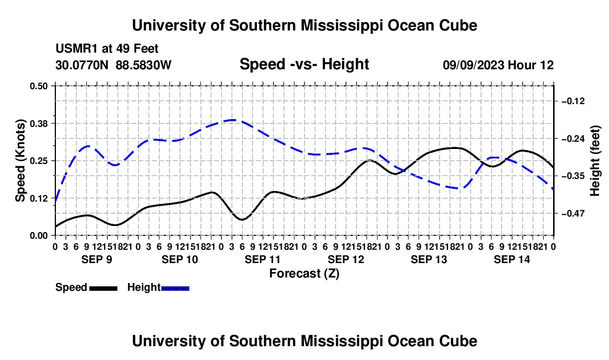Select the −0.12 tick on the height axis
point(573,101)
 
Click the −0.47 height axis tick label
point(573,214)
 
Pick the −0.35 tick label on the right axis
point(573,176)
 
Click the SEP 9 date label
point(97,259)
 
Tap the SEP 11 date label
point(262,259)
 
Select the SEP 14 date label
point(512,259)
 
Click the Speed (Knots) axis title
point(20,161)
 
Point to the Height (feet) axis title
point(595,161)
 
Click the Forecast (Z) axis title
point(304,274)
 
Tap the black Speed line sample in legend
point(104,289)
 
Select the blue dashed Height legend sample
point(175,289)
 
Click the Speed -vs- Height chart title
point(304,64)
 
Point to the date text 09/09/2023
point(473,65)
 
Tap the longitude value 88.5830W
point(143,65)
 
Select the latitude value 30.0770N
point(82,65)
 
